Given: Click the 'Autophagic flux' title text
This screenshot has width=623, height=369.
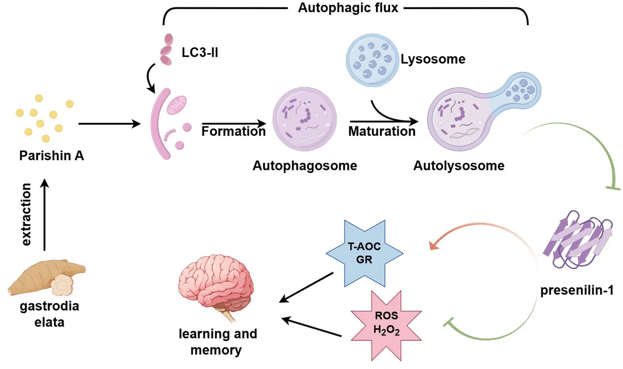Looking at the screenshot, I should point(348,8).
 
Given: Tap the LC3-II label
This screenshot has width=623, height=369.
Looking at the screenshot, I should point(200,52).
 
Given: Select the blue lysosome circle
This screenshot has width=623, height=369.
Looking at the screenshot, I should point(371,60).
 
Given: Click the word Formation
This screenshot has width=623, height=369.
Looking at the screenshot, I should point(233,131).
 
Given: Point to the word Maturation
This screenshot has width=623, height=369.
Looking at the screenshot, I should point(382,131).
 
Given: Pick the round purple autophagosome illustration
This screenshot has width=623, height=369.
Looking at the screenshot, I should point(304,119).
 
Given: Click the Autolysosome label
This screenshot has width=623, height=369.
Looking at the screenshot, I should point(459,165).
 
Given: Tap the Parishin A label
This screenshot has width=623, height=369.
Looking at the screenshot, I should point(52,156).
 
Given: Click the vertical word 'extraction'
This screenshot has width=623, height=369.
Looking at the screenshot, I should point(26,214).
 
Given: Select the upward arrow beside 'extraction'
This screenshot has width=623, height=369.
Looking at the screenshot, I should point(45,215).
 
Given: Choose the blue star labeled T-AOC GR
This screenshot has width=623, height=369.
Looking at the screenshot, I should point(364,253).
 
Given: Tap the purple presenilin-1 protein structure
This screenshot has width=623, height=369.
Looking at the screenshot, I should point(578,239).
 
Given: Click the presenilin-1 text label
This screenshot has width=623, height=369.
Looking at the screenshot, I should point(576,290).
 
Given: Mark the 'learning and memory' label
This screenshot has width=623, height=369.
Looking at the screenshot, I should point(218,341).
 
